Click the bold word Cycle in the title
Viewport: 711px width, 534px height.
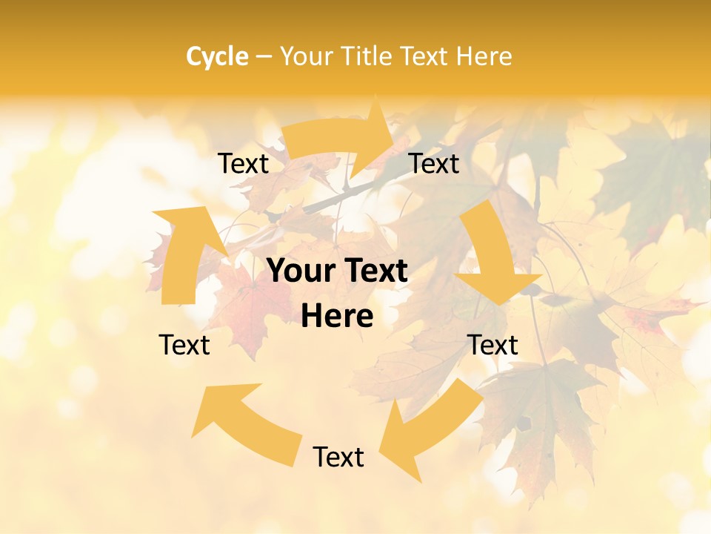[x=217, y=56]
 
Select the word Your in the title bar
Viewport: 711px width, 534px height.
[x=306, y=56]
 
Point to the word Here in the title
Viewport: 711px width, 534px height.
[x=484, y=56]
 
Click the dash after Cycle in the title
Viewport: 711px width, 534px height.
[x=263, y=56]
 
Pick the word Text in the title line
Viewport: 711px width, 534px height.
[x=424, y=56]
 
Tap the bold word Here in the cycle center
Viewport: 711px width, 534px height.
[x=337, y=317]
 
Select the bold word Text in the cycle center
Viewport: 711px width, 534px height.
[x=374, y=271]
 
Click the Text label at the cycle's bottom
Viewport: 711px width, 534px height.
[x=338, y=457]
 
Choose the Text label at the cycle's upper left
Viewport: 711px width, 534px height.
[x=243, y=164]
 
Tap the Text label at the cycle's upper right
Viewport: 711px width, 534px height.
[x=434, y=164]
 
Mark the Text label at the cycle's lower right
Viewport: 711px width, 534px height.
[x=493, y=345]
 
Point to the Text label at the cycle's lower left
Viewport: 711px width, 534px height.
[x=184, y=345]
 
